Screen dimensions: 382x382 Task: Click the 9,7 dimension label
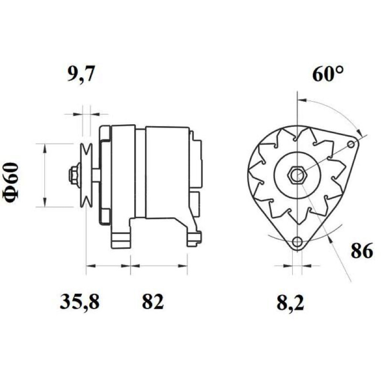(80, 74)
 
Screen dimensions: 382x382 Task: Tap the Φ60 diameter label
(11, 182)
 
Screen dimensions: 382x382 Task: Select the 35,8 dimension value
(79, 302)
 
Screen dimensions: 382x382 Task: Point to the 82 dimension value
(153, 301)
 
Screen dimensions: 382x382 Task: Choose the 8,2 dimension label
(290, 302)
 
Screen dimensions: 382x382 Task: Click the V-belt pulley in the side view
(86, 175)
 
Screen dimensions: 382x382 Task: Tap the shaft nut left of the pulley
(74, 175)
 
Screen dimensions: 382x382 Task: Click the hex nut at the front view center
(297, 175)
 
